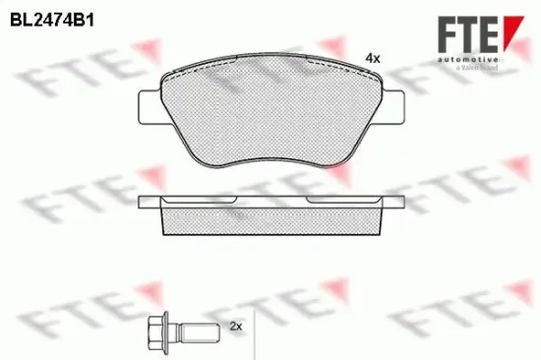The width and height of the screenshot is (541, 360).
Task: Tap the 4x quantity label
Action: (x=372, y=58)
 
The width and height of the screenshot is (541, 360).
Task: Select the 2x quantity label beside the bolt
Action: (x=235, y=325)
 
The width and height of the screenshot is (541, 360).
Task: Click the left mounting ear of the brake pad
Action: (x=149, y=106)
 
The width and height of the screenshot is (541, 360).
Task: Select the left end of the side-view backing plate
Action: (x=146, y=203)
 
